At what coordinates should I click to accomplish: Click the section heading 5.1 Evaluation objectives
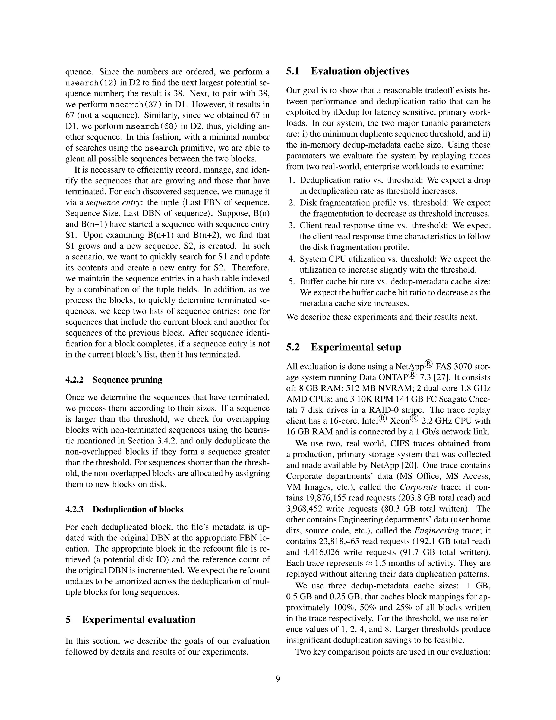tap(347, 71)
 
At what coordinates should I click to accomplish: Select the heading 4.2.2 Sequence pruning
tap(114, 380)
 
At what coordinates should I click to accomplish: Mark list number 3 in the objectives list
tap(291, 226)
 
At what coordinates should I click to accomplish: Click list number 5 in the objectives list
tap(291, 282)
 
